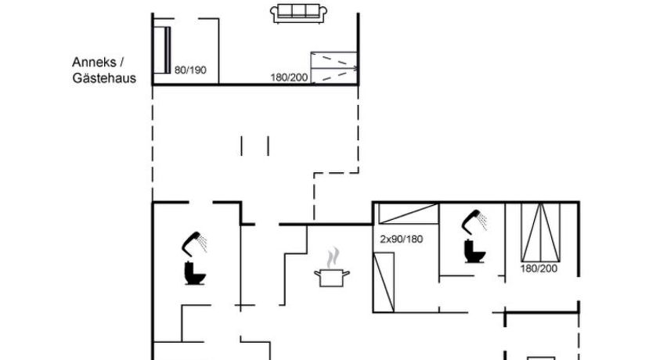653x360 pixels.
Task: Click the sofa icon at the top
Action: tap(298, 14)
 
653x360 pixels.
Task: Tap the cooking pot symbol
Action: tap(331, 278)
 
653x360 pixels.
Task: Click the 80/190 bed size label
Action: tap(190, 70)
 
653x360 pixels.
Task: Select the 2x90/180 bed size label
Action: tap(401, 239)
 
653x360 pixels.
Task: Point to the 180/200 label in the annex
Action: tap(289, 77)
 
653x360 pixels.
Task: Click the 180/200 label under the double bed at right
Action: tap(539, 268)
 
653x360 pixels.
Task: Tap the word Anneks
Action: tap(94, 62)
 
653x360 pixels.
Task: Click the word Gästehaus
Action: tap(104, 78)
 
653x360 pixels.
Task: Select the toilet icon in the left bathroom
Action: tap(195, 273)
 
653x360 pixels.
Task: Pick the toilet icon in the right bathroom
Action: tap(474, 251)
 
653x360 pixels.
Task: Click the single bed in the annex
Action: tap(162, 50)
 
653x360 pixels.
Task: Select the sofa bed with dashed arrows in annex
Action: tap(334, 67)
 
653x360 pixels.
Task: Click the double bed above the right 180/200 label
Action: tap(540, 232)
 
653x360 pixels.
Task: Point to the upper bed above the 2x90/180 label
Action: tap(408, 213)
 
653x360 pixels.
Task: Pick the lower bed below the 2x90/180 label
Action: tap(384, 283)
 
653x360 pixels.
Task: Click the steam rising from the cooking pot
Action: tap(333, 258)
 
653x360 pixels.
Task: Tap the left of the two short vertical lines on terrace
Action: tap(241, 146)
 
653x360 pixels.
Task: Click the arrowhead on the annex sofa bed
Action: tap(355, 68)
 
